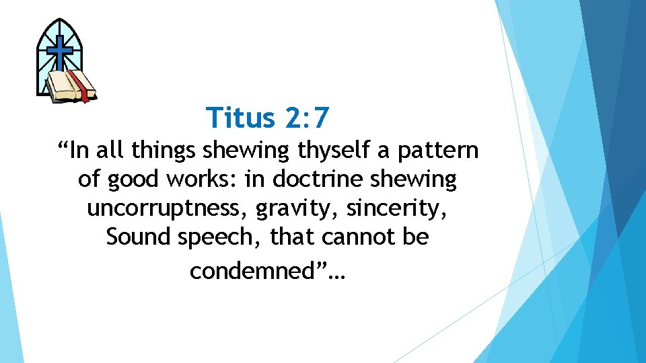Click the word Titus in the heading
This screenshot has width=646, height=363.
tap(242, 118)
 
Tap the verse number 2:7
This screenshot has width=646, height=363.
tap(306, 118)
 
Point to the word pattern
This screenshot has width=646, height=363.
tap(437, 150)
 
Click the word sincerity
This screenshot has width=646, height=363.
tap(397, 208)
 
